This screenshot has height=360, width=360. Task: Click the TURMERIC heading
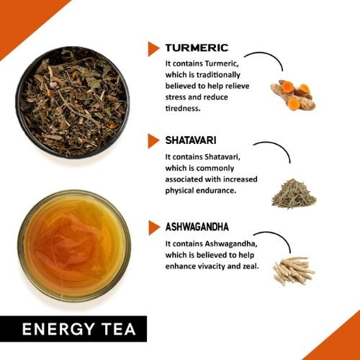click(197, 48)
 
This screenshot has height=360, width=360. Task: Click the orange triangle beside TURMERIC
click(153, 48)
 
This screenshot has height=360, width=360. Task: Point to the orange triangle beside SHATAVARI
click(153, 139)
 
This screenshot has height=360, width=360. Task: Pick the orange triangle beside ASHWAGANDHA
click(153, 228)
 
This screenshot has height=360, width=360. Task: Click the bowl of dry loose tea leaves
click(72, 102)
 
